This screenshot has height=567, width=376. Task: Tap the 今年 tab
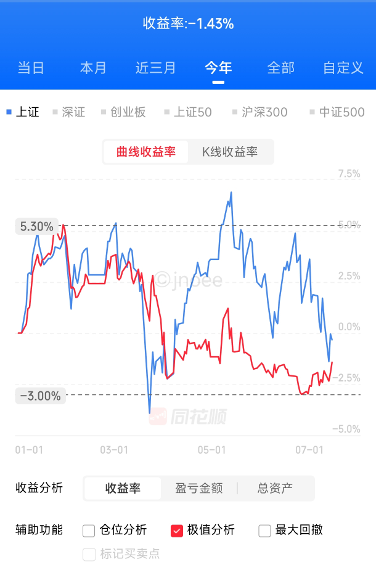(x=218, y=68)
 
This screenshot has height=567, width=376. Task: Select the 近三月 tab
(x=155, y=68)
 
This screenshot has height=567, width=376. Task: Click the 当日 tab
(x=31, y=68)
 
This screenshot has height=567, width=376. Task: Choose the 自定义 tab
(x=343, y=68)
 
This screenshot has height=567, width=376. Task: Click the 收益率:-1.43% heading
(x=188, y=23)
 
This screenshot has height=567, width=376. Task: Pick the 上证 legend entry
(x=23, y=112)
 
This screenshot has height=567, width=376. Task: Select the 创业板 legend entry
(x=123, y=112)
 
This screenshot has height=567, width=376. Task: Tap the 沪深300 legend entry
(x=260, y=112)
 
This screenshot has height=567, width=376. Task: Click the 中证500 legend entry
(x=337, y=112)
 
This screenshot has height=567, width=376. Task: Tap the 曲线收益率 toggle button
(x=145, y=152)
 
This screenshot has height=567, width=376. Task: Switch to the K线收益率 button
(x=230, y=152)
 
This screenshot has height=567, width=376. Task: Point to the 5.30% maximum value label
(x=37, y=226)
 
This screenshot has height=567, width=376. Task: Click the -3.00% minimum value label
(x=41, y=396)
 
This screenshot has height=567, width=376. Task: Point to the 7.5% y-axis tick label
(x=349, y=174)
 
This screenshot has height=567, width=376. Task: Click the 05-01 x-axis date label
(x=212, y=450)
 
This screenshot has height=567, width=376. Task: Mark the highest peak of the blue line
(x=231, y=192)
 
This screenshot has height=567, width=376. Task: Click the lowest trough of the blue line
(x=150, y=412)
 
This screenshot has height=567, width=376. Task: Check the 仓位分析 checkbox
(x=89, y=531)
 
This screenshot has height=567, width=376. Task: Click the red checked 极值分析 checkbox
(x=177, y=531)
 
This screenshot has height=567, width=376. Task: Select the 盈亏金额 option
(x=199, y=488)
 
